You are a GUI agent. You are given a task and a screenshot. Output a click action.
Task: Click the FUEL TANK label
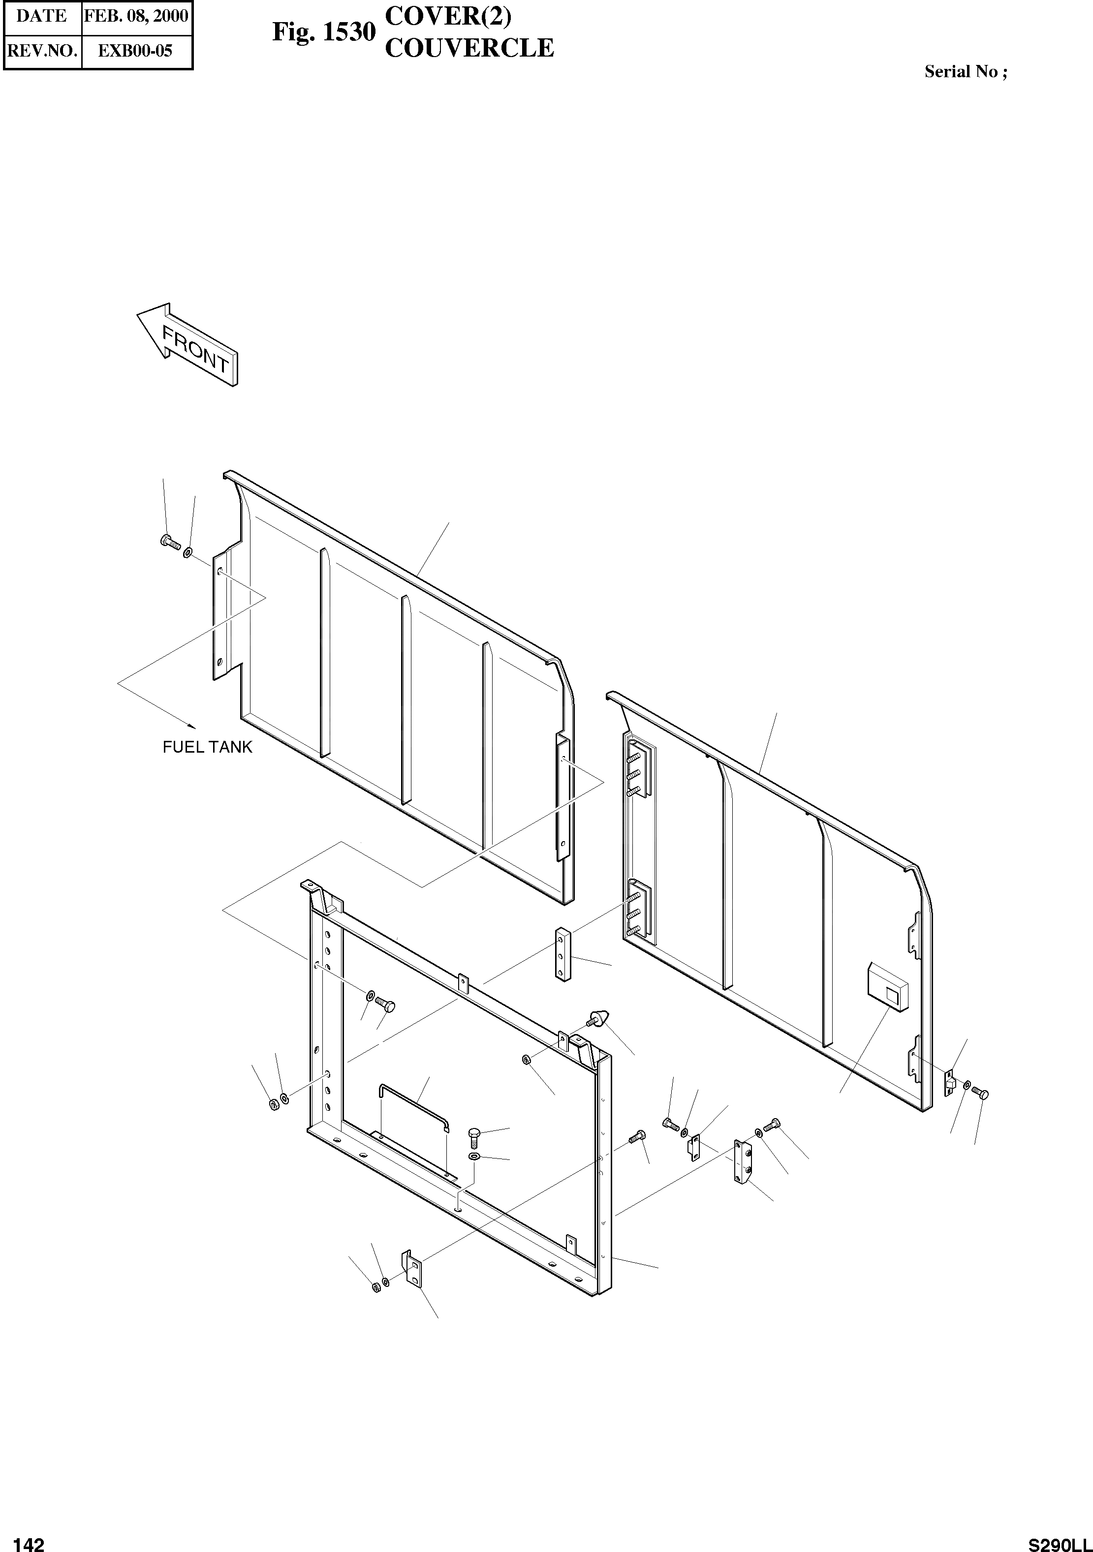(x=207, y=747)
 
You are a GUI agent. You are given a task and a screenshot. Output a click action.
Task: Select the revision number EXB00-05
(x=136, y=51)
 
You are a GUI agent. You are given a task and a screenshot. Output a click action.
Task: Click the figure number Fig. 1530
(x=323, y=32)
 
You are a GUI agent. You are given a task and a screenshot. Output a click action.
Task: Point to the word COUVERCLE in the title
(x=468, y=48)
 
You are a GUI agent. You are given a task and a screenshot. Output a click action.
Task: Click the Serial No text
(x=965, y=72)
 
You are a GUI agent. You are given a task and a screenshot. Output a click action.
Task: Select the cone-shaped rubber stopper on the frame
(x=598, y=1037)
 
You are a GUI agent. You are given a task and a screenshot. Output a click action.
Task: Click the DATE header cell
(x=42, y=16)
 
